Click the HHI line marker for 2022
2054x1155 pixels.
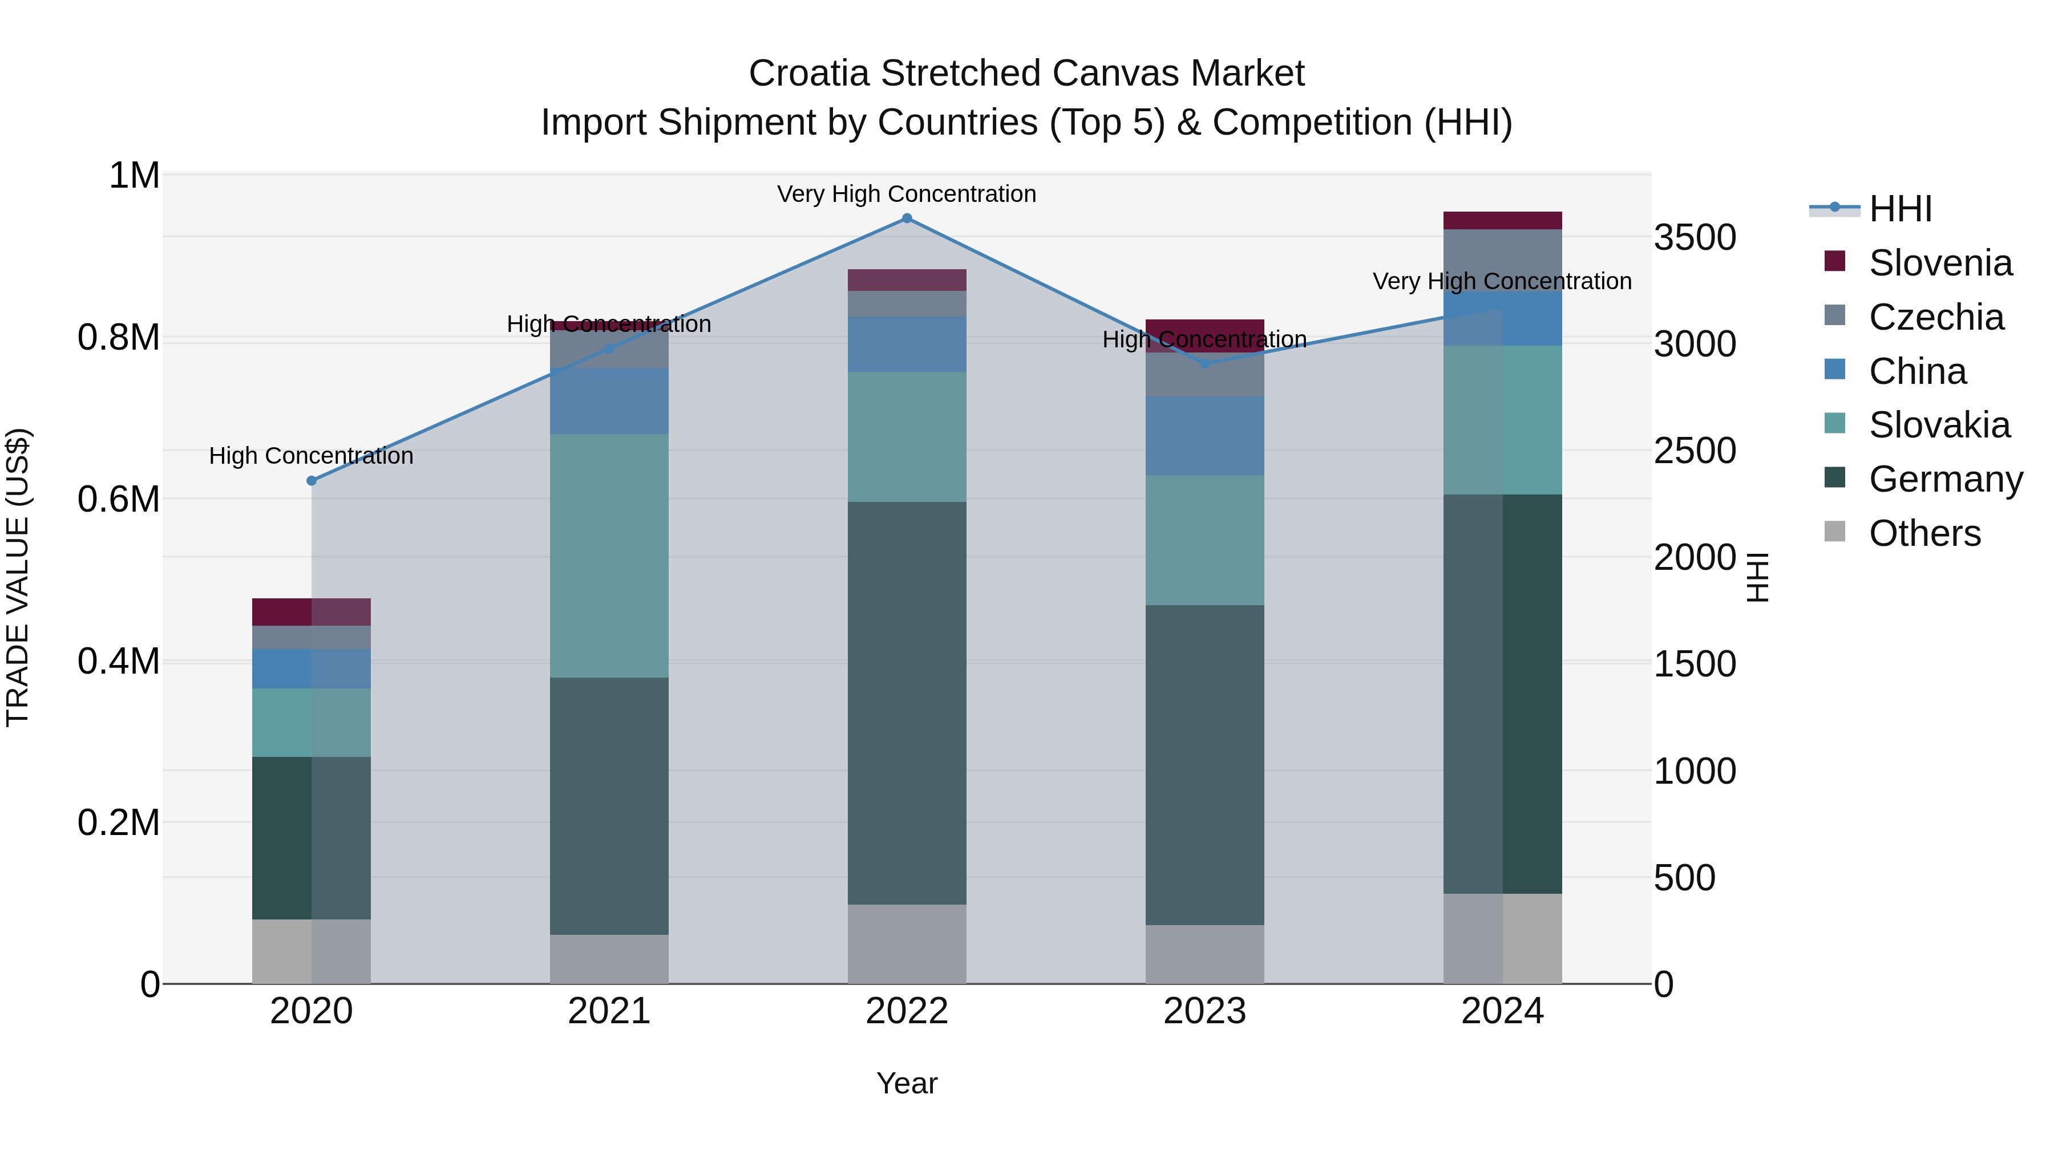(907, 218)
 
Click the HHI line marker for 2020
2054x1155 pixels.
(312, 481)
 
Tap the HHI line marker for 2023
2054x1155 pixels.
(1205, 363)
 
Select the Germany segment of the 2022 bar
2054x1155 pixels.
(907, 702)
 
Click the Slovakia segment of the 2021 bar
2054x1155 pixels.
(609, 556)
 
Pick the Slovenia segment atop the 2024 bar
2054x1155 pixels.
(1502, 221)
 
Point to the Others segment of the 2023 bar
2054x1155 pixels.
(1205, 954)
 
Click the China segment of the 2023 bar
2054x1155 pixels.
(1205, 436)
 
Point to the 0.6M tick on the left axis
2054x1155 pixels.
(119, 500)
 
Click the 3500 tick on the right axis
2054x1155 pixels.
(1695, 237)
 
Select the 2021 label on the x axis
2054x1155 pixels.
(609, 1011)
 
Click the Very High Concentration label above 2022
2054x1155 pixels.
(907, 194)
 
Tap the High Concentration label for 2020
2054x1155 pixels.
(311, 456)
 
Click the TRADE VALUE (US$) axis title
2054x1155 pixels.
(18, 577)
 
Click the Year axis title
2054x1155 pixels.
(907, 1083)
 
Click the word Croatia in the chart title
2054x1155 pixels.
(808, 74)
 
